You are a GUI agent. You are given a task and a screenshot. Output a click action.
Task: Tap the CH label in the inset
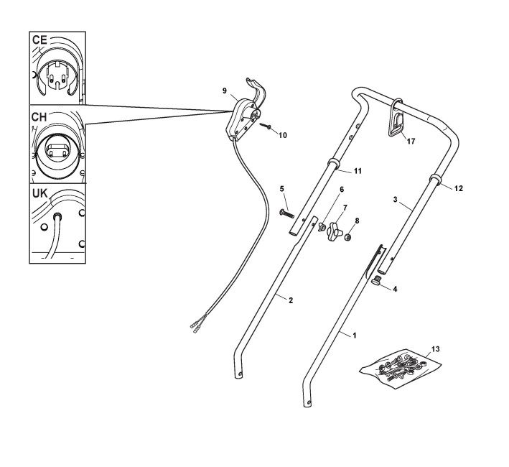click(x=40, y=116)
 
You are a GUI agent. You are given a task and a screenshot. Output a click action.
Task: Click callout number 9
click(x=225, y=91)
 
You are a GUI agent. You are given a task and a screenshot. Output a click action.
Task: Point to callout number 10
click(x=282, y=134)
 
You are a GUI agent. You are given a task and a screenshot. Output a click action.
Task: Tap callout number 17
click(x=411, y=142)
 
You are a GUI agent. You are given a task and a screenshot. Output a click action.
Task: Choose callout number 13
click(x=435, y=348)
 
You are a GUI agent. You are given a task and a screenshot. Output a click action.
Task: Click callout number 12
click(x=458, y=188)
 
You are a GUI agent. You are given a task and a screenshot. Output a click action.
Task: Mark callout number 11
click(x=358, y=172)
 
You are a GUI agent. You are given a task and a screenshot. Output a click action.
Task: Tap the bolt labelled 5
click(x=286, y=212)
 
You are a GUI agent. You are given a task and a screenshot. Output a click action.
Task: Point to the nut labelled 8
click(x=347, y=237)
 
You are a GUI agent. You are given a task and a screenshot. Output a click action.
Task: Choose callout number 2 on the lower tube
click(x=291, y=300)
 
